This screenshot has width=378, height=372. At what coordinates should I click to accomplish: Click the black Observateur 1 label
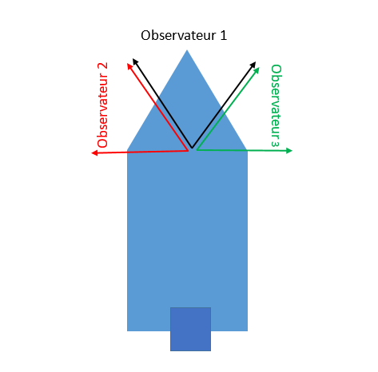184,35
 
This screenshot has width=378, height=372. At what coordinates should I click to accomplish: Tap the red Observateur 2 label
103,105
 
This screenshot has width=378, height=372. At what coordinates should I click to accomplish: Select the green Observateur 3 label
276,105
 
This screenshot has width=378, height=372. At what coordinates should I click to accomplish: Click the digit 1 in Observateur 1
223,35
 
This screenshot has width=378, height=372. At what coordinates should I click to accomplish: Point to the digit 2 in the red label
103,66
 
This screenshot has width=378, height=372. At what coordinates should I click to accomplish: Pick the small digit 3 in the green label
276,144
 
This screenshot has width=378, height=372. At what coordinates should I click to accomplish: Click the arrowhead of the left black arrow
135,61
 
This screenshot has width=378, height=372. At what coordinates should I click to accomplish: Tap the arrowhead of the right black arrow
253,65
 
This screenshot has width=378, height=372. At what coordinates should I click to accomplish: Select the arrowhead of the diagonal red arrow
129,66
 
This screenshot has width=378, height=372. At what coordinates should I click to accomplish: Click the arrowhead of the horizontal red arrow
94,152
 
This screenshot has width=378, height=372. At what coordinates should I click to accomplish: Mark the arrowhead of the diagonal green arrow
257,71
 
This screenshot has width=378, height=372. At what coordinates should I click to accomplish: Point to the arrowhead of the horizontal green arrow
289,151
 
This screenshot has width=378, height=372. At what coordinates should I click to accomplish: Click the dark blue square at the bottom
190,329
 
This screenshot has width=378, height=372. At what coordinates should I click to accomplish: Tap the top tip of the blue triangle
187,50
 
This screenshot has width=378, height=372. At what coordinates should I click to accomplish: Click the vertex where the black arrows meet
192,148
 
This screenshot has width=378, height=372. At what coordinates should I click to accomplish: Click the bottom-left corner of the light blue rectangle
127,331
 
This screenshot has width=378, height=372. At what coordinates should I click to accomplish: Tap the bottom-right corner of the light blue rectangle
248,331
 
